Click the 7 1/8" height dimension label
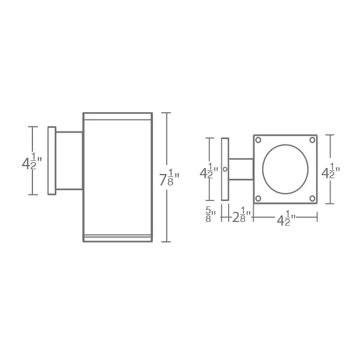pos(169,177)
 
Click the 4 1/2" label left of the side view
pos(32,161)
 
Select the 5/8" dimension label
pos(211,214)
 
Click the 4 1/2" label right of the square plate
pos(331,171)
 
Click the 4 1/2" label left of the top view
pos(209,171)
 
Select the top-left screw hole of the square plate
pos(258,140)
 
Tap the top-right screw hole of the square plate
pos(313,140)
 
